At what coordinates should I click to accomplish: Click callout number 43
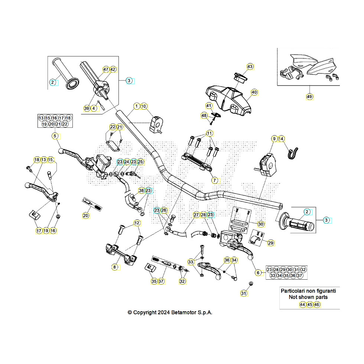pos(250,66)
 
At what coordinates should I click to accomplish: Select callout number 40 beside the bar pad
pos(254,92)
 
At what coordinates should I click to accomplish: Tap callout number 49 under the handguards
pos(309,97)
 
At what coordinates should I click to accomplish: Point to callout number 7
pos(214,181)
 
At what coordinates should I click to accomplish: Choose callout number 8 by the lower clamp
pos(114,267)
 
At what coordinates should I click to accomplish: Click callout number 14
pos(281,139)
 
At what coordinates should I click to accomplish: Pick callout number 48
pos(204,116)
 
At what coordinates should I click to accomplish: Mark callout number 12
pos(137,223)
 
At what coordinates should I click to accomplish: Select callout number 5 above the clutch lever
pos(55,136)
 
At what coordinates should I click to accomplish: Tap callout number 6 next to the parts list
pos(257,272)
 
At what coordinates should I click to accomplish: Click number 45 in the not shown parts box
pos(309,305)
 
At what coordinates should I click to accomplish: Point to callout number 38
pos(141,191)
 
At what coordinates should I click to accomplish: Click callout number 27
pos(196,215)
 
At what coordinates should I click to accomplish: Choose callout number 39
pos(87,108)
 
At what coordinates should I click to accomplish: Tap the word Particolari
pos(293,291)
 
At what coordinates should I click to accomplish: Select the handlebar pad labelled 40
pos(228,97)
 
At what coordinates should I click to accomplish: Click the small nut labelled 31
pos(251,284)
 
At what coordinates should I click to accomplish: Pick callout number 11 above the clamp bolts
pos(209,133)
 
